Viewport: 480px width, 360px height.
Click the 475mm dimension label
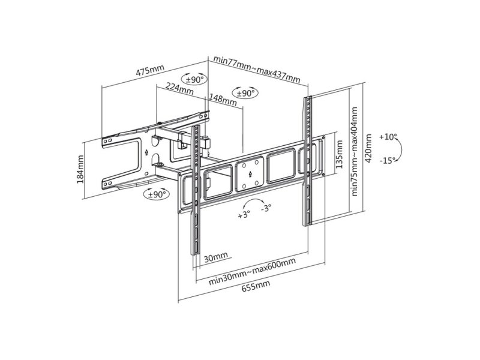point(151,70)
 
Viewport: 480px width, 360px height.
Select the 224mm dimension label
point(179,89)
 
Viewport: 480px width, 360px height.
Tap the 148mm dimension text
point(223,100)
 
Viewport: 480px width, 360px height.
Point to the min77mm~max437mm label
point(257,69)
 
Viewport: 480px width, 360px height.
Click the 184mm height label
point(80,169)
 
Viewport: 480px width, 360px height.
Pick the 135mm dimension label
point(339,155)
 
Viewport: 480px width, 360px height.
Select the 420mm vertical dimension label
point(368,148)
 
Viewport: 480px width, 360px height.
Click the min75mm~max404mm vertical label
point(355,151)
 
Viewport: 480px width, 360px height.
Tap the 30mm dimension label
point(216,257)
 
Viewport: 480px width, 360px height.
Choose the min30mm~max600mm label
point(252,272)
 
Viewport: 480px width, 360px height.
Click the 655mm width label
point(256,287)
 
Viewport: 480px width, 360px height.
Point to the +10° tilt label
point(388,137)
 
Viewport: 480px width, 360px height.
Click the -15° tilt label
point(388,160)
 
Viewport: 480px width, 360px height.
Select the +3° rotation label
point(244,214)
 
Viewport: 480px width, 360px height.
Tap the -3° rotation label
point(266,208)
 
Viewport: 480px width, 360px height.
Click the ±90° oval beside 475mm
point(194,80)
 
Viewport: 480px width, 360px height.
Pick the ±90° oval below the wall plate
point(157,194)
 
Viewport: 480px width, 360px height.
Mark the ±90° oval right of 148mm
point(246,92)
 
